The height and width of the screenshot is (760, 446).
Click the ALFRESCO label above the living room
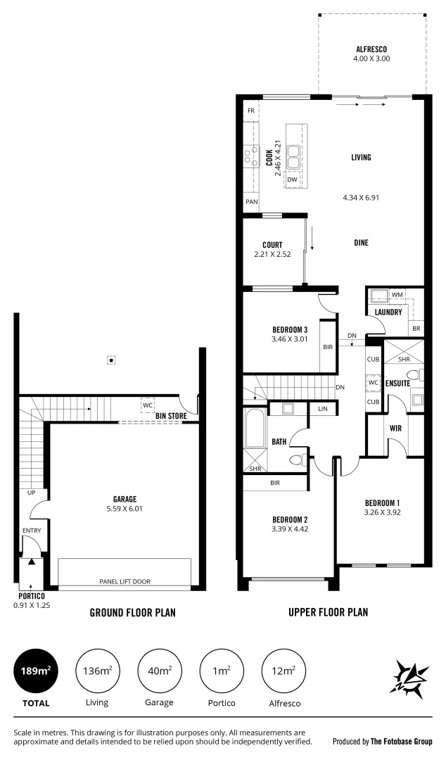pos(371,49)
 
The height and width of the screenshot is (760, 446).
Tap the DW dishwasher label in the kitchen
pos(291,180)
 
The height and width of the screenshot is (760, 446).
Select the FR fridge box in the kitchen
pos(250,111)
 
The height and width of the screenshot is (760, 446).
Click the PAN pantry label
pos(250,202)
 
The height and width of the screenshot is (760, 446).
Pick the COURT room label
pos(272,245)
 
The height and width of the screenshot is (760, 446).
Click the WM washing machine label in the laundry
pos(397,295)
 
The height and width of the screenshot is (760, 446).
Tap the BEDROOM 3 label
pos(290,329)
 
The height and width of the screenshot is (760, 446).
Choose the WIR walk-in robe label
pos(395,427)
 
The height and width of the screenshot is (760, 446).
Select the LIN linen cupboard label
pos(323,409)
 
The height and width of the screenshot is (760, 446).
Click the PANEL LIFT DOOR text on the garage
pos(125,581)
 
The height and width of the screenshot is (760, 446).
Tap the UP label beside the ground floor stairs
pos(31,493)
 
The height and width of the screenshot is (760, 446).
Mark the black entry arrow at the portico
pos(30,562)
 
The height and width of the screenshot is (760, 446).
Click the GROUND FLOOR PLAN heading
pos(132,613)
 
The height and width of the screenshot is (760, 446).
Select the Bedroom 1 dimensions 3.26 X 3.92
pos(382,512)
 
